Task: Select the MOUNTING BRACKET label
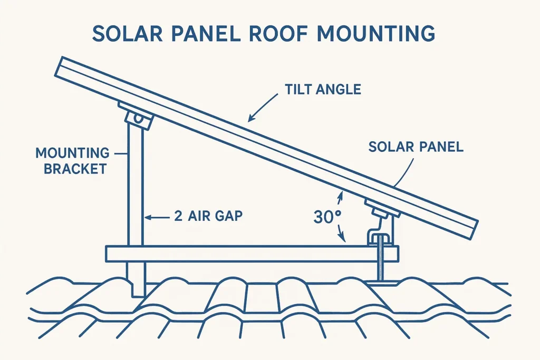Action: pos(72,161)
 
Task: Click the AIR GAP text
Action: pos(215,216)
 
